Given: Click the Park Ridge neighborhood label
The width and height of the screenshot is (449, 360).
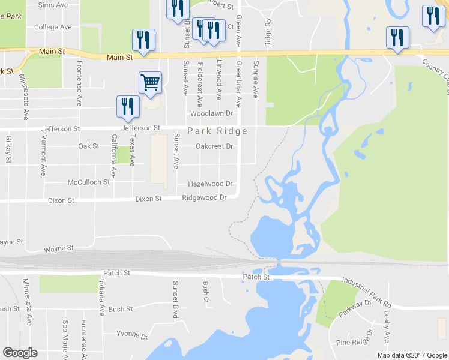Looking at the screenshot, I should click(x=217, y=131).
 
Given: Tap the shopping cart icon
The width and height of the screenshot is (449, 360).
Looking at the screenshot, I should click(x=150, y=82).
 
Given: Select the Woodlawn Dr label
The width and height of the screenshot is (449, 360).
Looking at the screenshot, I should click(x=211, y=113).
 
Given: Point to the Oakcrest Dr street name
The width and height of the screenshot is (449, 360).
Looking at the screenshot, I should click(x=214, y=146).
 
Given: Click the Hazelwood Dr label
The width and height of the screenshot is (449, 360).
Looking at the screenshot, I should click(x=210, y=184).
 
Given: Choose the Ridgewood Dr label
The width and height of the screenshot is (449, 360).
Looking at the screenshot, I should click(x=204, y=197).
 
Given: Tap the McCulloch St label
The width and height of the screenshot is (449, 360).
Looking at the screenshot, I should click(x=89, y=182).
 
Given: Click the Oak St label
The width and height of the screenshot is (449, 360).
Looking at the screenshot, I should click(x=88, y=146).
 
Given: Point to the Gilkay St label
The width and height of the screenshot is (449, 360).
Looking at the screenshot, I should click(x=8, y=149).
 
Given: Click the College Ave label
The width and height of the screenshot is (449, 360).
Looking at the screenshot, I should click(x=53, y=27).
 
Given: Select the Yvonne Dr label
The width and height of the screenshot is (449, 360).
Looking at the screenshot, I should click(x=132, y=334).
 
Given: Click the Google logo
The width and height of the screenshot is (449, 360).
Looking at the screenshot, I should click(x=20, y=353).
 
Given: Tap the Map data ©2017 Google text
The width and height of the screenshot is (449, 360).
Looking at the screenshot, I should click(x=412, y=355).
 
